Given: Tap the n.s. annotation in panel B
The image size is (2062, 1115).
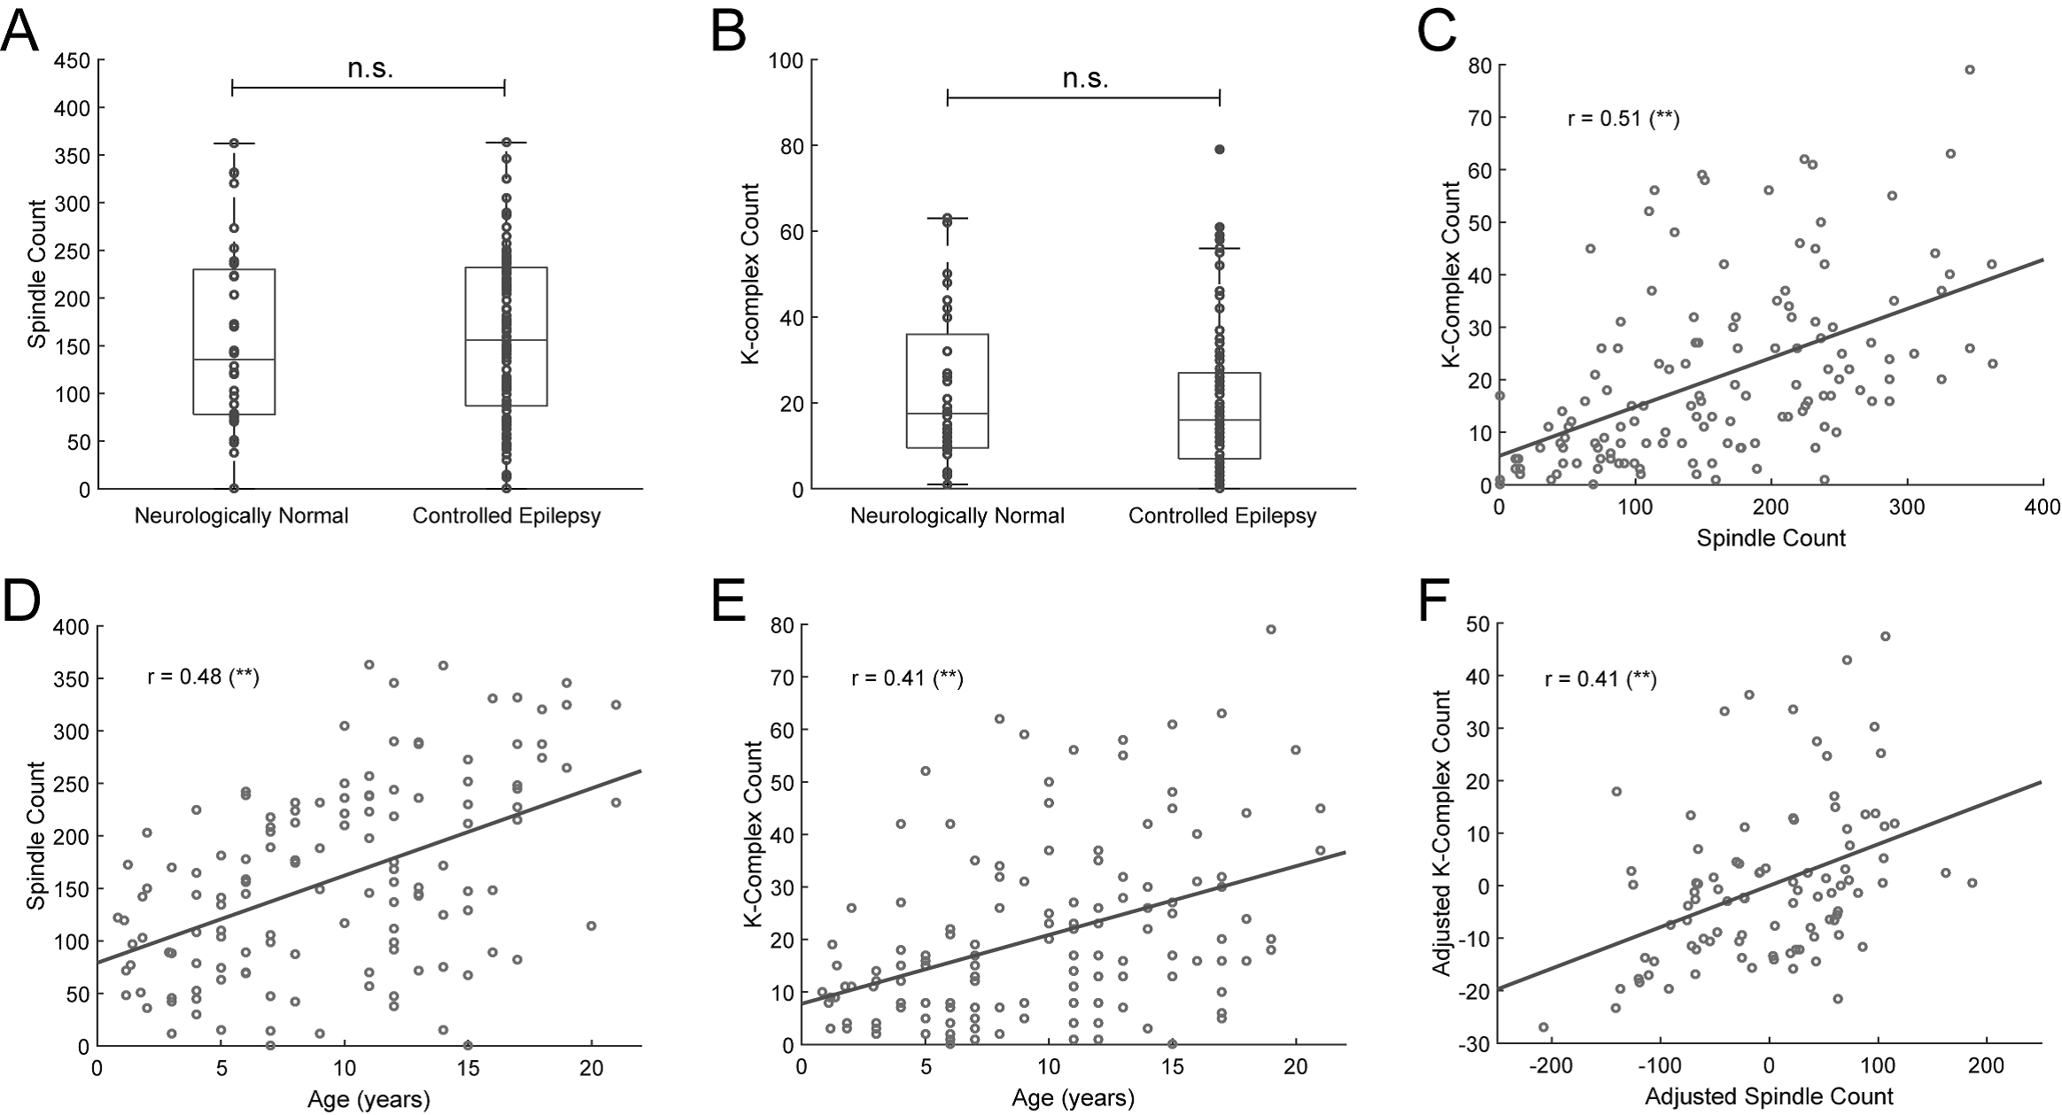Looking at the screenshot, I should [1085, 79].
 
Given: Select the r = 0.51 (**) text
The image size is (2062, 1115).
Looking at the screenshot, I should [1623, 119].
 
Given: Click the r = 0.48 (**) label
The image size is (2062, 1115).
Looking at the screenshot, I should [203, 678].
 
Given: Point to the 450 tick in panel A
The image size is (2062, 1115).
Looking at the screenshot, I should [74, 60].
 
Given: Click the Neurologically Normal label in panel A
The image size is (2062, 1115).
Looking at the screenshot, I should [241, 516].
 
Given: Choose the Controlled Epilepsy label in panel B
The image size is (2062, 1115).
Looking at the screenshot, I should [1222, 516].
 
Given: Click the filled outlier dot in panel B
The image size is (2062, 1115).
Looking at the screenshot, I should [1220, 150].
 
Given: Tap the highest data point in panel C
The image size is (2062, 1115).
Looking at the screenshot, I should [1970, 70].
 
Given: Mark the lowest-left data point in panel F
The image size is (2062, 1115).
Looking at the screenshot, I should [1543, 1027].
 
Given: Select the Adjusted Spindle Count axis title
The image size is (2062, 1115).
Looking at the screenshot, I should [1769, 1096].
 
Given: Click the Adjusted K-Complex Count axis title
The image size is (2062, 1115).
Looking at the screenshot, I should [1442, 833].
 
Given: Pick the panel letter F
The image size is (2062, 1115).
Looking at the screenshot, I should [1435, 601].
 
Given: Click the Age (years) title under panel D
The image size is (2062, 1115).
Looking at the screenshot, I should [368, 1100].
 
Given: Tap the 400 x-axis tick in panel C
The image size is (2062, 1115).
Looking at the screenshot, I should [2043, 507].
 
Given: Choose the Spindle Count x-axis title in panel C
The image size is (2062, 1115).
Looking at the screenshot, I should [1771, 538].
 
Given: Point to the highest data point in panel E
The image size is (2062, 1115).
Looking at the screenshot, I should [1271, 629].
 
